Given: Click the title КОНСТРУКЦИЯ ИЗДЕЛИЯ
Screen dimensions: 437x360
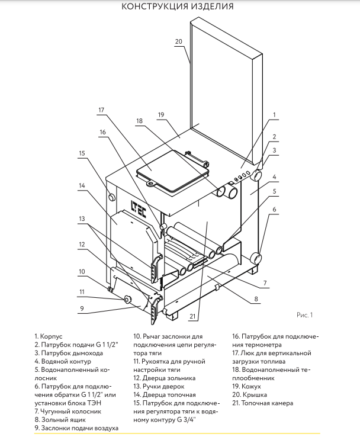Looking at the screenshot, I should (x=177, y=7).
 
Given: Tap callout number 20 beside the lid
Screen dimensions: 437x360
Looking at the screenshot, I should (x=179, y=41).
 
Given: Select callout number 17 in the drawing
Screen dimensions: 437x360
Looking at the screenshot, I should (x=102, y=110).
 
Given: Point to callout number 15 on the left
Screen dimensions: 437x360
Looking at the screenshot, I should (x=83, y=152).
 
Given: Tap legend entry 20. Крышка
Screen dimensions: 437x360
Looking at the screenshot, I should (x=252, y=394).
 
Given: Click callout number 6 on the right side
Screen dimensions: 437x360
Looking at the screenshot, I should (x=274, y=210).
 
